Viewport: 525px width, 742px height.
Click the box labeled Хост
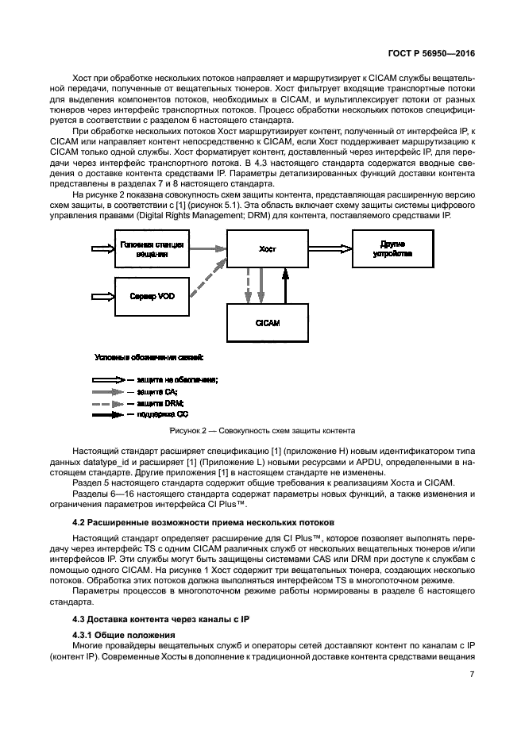[267, 249]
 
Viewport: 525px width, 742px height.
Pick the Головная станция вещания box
[151, 249]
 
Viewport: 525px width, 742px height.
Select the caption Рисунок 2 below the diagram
[262, 432]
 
